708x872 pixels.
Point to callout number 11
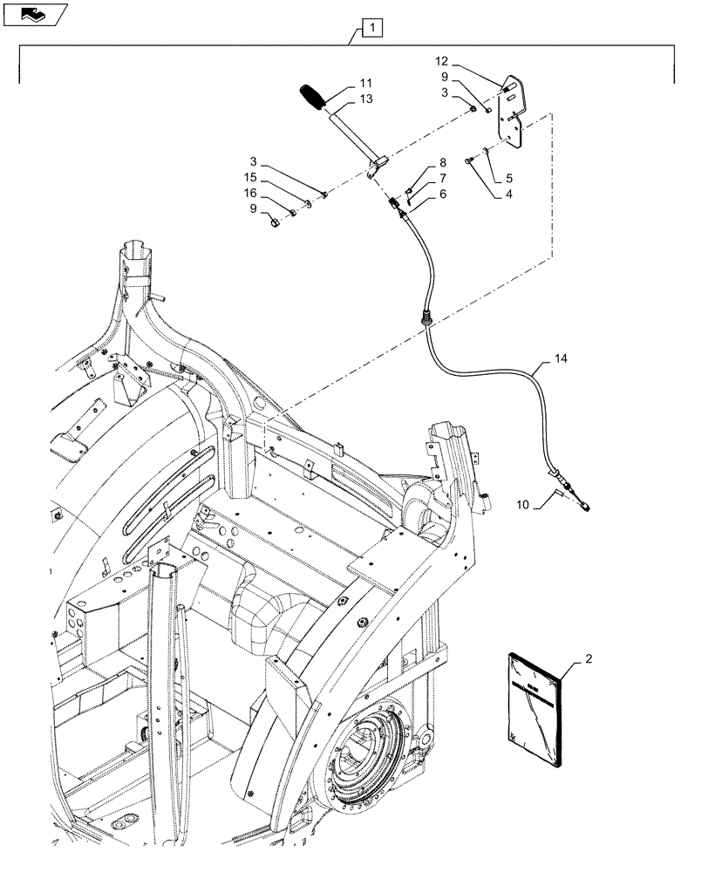click(x=364, y=85)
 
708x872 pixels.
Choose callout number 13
click(x=364, y=99)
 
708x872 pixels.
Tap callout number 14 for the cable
click(x=558, y=358)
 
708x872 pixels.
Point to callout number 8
click(x=442, y=163)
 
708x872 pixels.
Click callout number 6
click(x=442, y=193)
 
